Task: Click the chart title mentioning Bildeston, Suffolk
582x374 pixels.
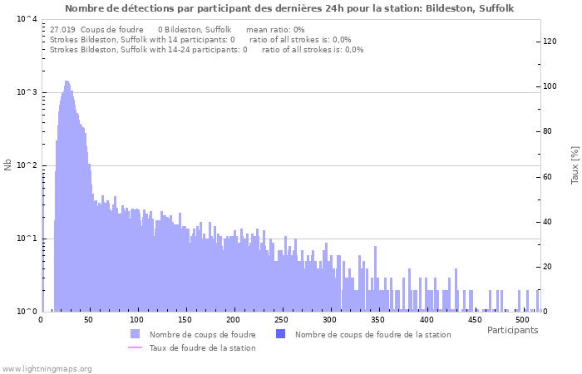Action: tap(289, 8)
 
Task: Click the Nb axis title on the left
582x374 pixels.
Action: tap(8, 165)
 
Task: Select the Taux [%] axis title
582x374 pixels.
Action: tap(575, 165)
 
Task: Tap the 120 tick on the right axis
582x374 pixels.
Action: tap(550, 41)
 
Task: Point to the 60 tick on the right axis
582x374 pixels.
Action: tap(549, 176)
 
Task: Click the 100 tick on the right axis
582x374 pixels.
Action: tap(550, 86)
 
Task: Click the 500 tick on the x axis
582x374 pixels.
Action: tap(521, 320)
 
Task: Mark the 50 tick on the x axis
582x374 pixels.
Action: tap(89, 320)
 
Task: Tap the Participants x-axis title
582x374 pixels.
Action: tap(512, 331)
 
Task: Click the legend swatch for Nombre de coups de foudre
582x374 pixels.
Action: tap(135, 334)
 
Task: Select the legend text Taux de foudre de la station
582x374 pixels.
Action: tap(202, 347)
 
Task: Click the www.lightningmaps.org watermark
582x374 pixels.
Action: tap(47, 368)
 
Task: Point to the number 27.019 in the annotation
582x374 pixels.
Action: tap(63, 29)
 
